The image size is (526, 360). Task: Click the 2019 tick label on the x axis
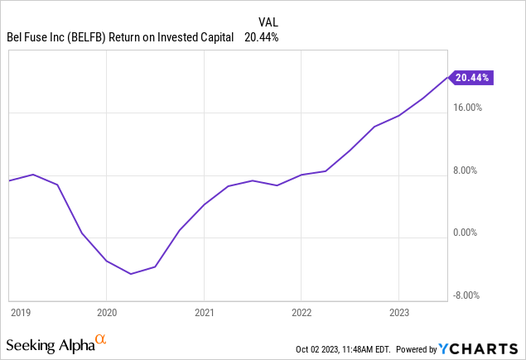click(21, 312)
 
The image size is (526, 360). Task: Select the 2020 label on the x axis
click(106, 312)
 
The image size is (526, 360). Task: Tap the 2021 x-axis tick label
click(204, 312)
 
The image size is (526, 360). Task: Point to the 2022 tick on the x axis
click(301, 312)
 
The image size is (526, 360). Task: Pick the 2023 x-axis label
click(398, 312)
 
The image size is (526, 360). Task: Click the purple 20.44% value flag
click(472, 78)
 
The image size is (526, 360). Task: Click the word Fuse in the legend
click(39, 36)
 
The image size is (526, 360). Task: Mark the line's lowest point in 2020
click(131, 273)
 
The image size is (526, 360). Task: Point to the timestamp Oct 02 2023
click(319, 348)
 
